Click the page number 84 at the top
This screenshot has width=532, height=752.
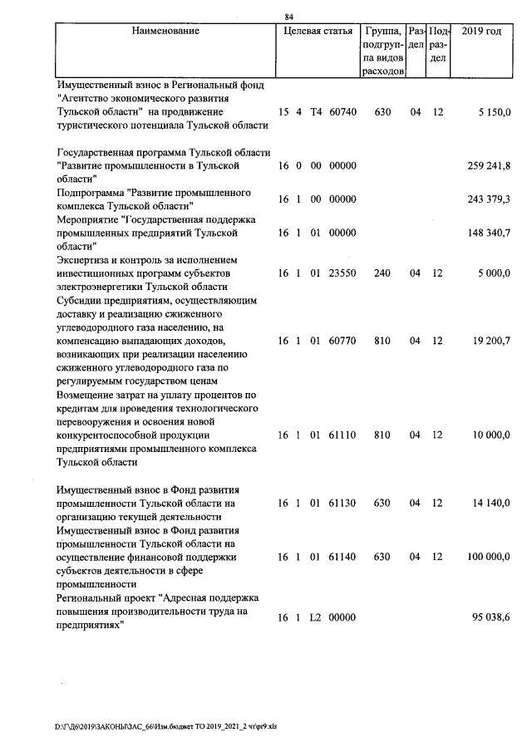pyautogui.click(x=288, y=17)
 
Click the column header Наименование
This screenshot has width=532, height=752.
pyautogui.click(x=165, y=31)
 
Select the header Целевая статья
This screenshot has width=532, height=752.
pyautogui.click(x=317, y=31)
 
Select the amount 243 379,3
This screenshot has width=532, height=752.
pyautogui.click(x=489, y=199)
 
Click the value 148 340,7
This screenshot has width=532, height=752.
pyautogui.click(x=489, y=233)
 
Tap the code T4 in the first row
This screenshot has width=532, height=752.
pyautogui.click(x=315, y=111)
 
